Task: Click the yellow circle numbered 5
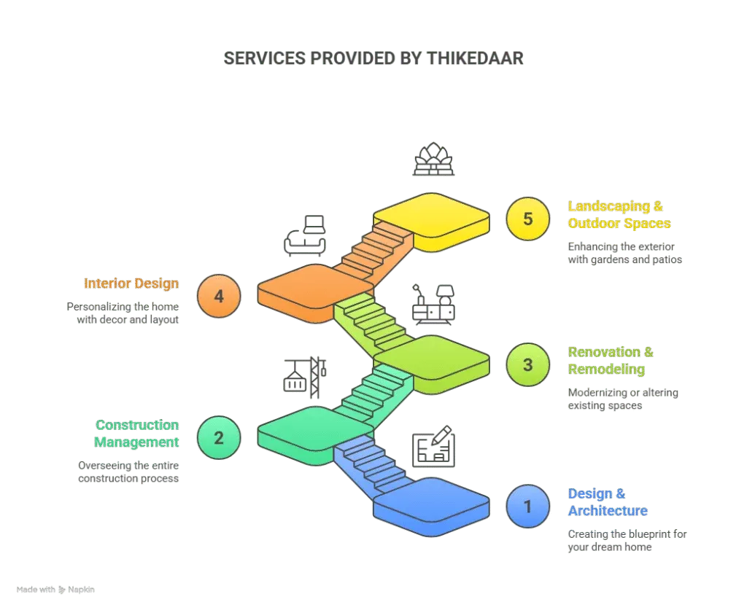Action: [528, 219]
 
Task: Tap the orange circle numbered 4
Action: [218, 297]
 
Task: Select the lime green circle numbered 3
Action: [528, 364]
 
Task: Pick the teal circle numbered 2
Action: [218, 437]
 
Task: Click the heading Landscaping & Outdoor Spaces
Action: [619, 215]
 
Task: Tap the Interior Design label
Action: [131, 284]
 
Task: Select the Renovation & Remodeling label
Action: [611, 361]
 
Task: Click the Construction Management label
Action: [137, 434]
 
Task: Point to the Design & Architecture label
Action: [608, 502]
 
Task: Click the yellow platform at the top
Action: [430, 216]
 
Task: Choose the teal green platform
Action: [301, 430]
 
